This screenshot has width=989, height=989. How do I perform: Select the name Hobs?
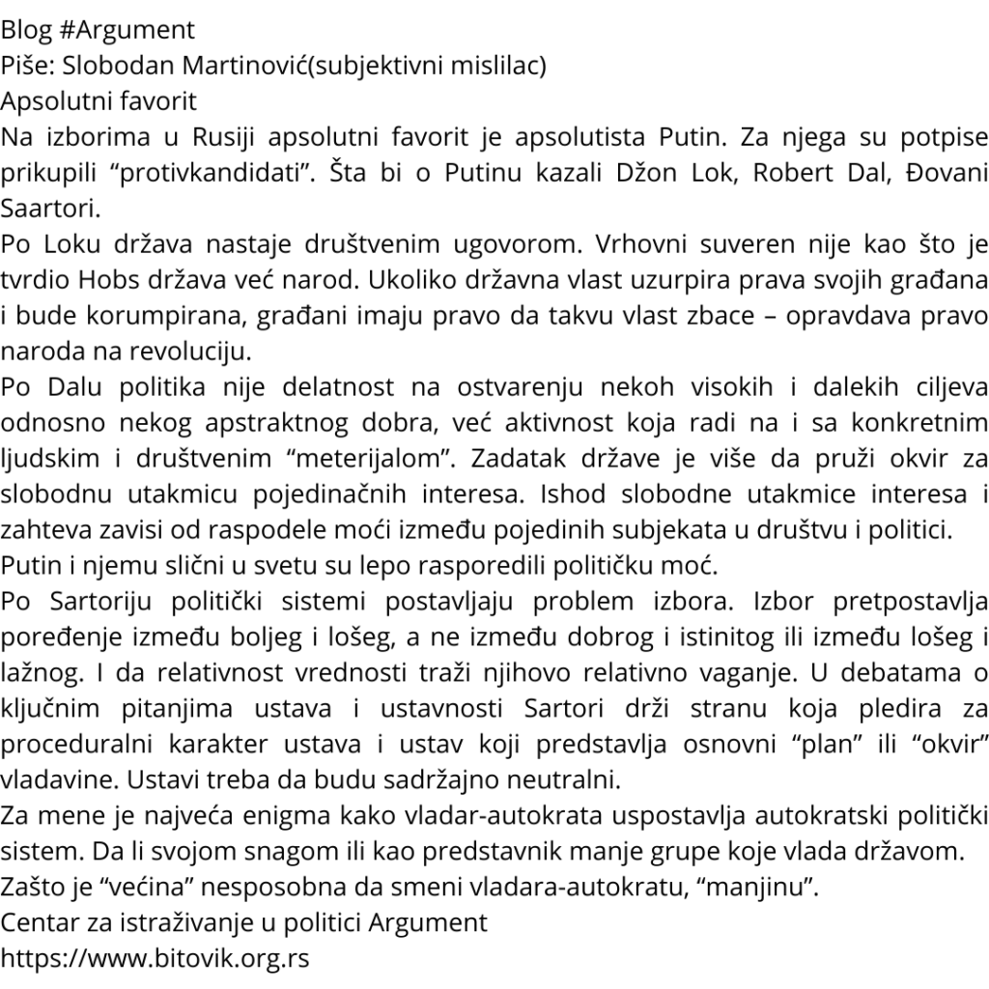tap(105, 279)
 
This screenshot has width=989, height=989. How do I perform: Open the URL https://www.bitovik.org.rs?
tap(155, 958)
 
